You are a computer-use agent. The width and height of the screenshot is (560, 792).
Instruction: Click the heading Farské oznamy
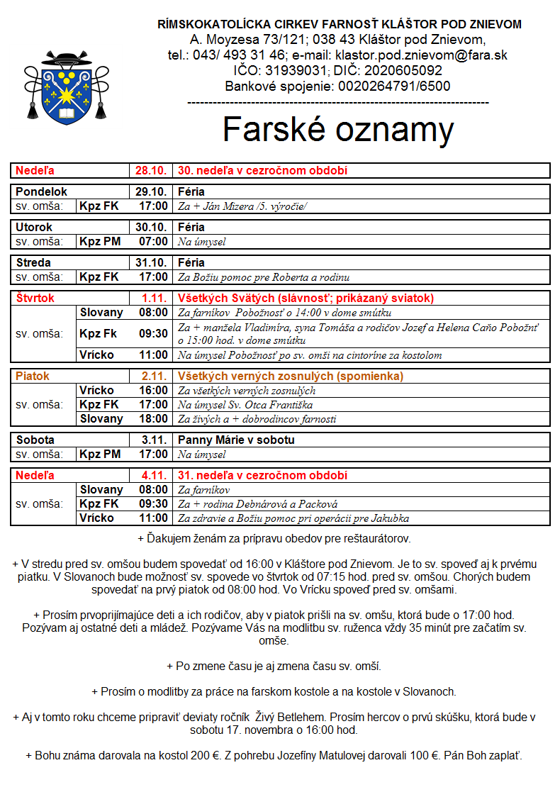[338, 130]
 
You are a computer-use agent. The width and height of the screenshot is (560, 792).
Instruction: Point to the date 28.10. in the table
[151, 171]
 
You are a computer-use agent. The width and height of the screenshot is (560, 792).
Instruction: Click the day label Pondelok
[41, 192]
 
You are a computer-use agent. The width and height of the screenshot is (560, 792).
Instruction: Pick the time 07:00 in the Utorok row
[154, 242]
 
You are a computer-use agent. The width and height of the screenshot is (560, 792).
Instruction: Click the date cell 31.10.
[151, 263]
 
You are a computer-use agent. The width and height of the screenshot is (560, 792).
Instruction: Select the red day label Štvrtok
[35, 299]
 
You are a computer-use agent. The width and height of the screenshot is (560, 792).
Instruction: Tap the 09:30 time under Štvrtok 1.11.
[154, 334]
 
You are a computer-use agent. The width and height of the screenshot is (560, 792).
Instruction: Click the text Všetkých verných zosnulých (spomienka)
[290, 377]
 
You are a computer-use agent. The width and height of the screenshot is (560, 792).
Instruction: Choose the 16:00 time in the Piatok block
[154, 391]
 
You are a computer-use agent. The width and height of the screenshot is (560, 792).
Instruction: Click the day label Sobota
[35, 440]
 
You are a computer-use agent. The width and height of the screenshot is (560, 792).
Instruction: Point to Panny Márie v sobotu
[236, 440]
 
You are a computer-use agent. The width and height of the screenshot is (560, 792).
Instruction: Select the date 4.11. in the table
[154, 476]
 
